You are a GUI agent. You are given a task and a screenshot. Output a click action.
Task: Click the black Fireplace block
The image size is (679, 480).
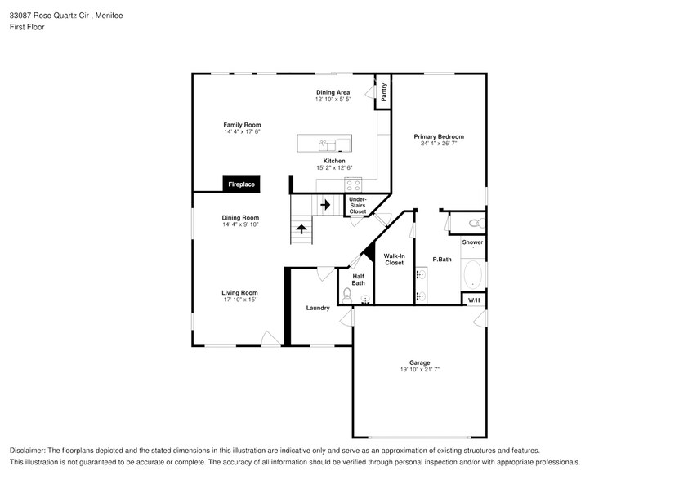pos(240,184)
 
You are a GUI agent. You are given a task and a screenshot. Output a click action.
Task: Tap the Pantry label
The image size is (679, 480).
pos(383,92)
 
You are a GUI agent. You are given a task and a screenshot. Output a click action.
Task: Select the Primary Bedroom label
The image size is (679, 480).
pos(438,136)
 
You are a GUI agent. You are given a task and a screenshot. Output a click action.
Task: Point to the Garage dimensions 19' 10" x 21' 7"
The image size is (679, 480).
pos(419,369)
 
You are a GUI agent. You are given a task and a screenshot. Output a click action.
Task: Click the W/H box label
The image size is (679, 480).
pos(474,300)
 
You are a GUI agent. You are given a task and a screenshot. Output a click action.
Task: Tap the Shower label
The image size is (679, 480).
pos(472,242)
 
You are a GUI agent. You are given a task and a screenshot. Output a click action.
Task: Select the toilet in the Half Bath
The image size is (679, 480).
pos(347,295)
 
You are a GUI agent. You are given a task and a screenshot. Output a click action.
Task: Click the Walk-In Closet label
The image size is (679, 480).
pos(394,259)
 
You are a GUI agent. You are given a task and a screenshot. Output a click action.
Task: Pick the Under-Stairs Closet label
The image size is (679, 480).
pos(358,205)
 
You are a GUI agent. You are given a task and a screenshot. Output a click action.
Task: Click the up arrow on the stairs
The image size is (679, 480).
pos(302,229)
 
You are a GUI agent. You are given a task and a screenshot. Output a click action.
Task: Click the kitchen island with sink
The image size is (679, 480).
pos(324,144)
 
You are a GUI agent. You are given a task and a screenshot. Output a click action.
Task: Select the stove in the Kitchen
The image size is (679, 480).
pos(353,184)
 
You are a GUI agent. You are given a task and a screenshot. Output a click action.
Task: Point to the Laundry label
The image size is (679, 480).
pos(318,308)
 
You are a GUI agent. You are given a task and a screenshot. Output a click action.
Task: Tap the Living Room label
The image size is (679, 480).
pos(239,292)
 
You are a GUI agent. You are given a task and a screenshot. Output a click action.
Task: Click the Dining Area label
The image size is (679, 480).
pos(333,92)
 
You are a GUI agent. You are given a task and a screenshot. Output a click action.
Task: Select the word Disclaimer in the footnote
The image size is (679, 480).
pos(27,451)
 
